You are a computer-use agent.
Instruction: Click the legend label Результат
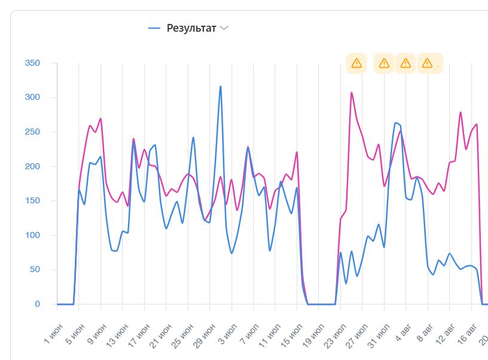click(191, 28)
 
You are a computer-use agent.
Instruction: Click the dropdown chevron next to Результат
click(224, 28)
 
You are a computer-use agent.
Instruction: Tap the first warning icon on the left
click(356, 63)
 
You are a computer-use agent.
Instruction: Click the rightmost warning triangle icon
click(427, 63)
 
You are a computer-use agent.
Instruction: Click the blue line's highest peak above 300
click(220, 86)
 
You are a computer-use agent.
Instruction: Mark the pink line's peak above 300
click(352, 92)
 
